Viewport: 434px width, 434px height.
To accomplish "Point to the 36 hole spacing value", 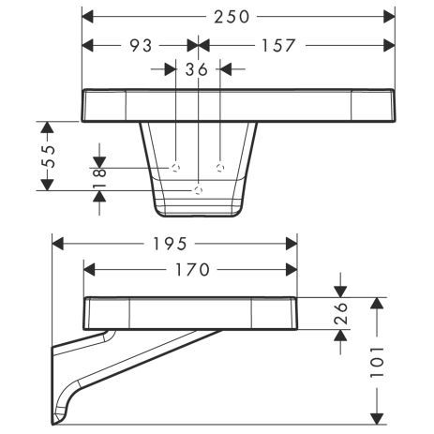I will [x=197, y=68].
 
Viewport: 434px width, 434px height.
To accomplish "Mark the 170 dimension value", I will [x=191, y=269].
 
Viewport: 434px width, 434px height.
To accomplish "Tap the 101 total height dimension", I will [x=376, y=360].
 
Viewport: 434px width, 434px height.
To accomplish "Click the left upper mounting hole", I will [x=175, y=167].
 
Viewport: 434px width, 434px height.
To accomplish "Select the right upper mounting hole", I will [x=220, y=167].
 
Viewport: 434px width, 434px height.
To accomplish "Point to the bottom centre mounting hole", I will [x=198, y=189].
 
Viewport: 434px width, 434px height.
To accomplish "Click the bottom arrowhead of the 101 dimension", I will [x=376, y=419].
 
